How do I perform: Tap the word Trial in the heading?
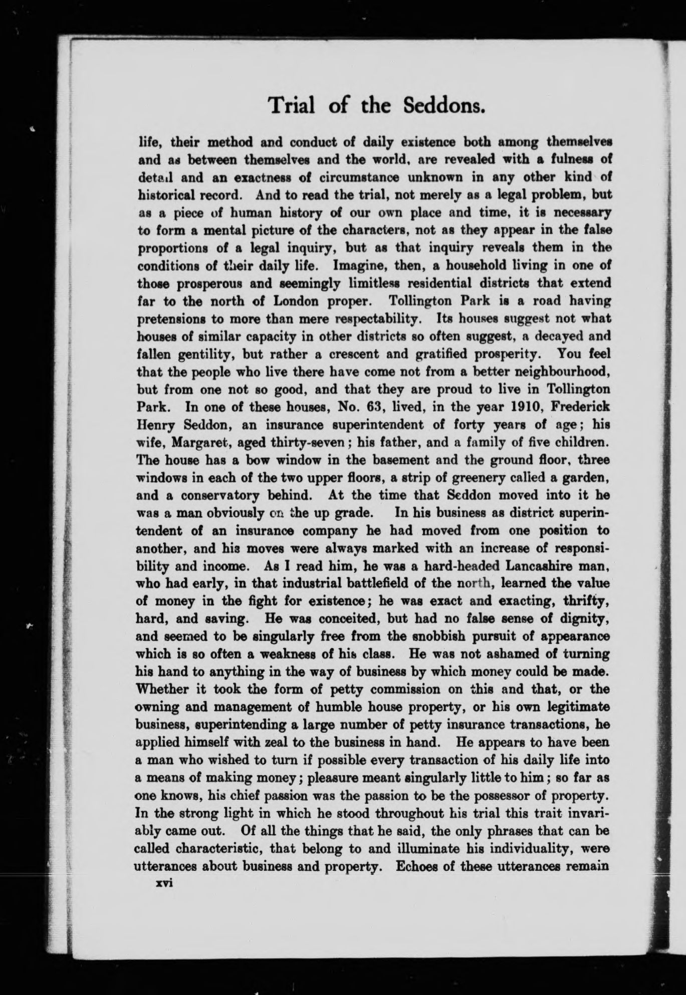[x=290, y=106]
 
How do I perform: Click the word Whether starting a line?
[x=162, y=689]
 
